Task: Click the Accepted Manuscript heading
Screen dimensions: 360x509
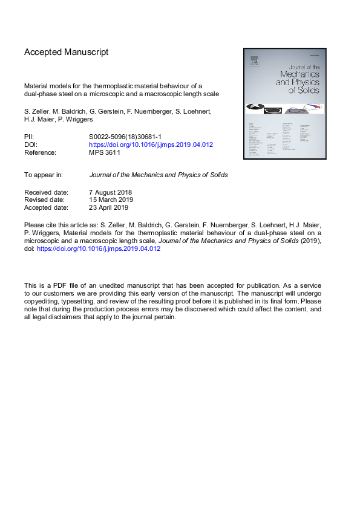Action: coord(66,52)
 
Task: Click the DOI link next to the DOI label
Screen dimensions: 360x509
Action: coord(151,146)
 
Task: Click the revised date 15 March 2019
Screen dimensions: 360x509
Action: coord(111,199)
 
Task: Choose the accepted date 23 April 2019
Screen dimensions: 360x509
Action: coord(109,207)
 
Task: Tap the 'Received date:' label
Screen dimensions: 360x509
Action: coord(46,192)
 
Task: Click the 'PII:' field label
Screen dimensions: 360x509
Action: coord(29,138)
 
